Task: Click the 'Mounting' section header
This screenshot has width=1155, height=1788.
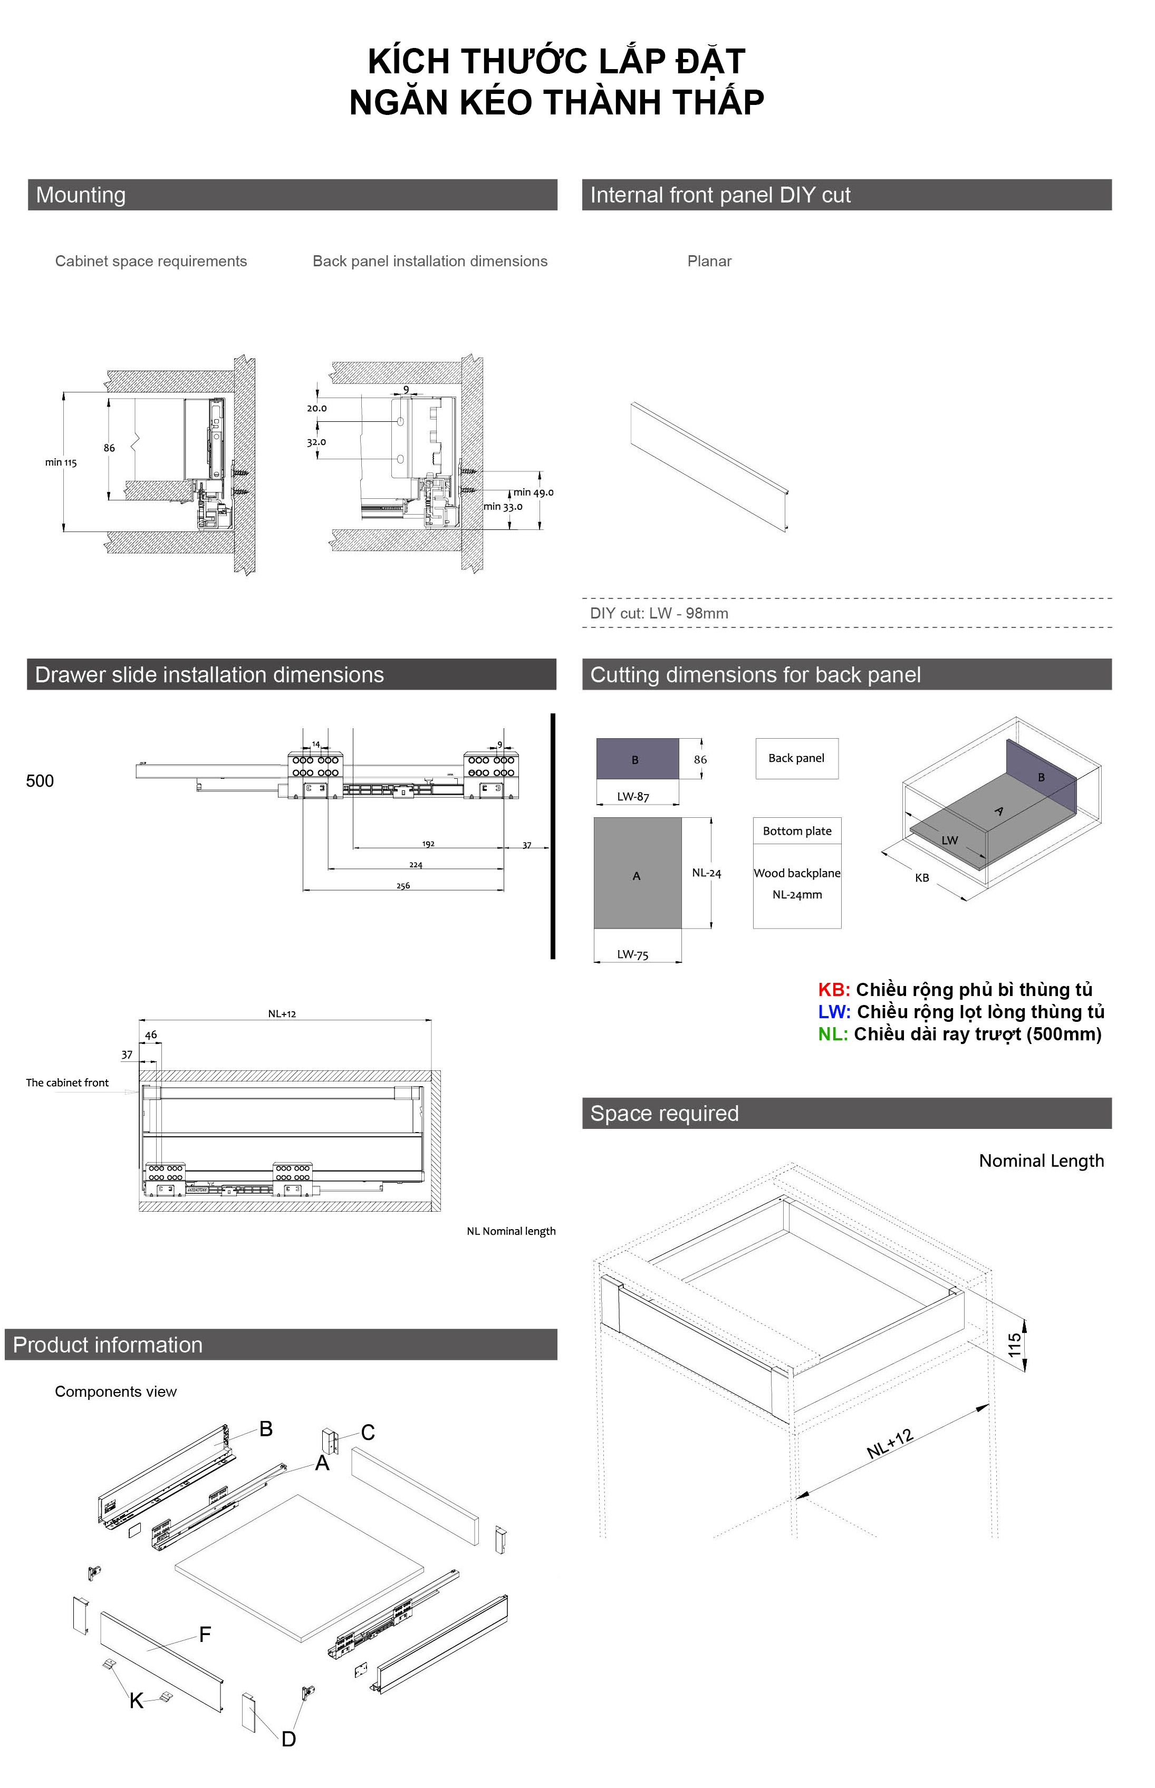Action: point(81,195)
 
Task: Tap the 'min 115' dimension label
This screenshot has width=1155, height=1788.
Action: point(61,462)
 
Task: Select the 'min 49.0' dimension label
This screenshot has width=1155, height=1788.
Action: point(533,492)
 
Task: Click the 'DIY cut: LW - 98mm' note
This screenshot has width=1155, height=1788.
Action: point(659,613)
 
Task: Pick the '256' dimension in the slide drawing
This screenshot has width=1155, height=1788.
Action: point(403,886)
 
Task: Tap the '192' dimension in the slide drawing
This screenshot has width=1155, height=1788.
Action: point(428,844)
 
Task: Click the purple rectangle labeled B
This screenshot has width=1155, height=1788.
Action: point(637,759)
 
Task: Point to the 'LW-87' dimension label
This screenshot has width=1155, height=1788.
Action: point(633,797)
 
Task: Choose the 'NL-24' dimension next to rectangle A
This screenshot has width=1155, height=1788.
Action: point(707,873)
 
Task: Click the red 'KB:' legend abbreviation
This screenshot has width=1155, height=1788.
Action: point(834,990)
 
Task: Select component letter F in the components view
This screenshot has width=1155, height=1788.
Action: point(205,1635)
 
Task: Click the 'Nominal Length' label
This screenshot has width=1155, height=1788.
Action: point(1041,1161)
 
